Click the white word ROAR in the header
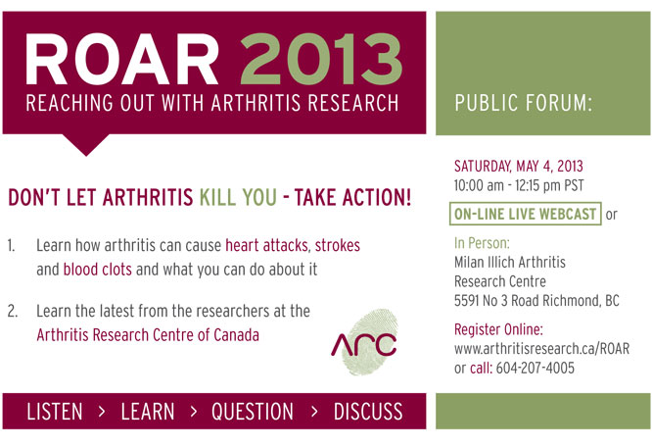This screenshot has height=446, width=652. [x=121, y=59]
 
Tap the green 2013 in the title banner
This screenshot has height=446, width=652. [x=321, y=59]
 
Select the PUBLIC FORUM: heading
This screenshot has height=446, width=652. [x=523, y=103]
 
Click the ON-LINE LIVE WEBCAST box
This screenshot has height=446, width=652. [x=525, y=214]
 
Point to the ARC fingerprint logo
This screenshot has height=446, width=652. [x=365, y=342]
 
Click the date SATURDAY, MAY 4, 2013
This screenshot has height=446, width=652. [x=519, y=167]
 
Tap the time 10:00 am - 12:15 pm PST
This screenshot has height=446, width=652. [x=519, y=185]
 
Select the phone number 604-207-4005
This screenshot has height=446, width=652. [x=536, y=368]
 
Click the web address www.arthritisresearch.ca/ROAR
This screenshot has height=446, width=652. [x=541, y=349]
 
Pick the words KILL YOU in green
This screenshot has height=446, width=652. [x=238, y=197]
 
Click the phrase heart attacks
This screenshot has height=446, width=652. [x=266, y=245]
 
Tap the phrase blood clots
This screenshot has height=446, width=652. [x=97, y=270]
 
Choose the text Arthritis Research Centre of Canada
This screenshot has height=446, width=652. [x=148, y=335]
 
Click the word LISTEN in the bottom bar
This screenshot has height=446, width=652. [x=55, y=412]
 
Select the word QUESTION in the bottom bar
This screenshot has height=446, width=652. [x=253, y=412]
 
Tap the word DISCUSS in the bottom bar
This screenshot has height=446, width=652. [x=368, y=412]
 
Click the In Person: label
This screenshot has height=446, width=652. [x=482, y=243]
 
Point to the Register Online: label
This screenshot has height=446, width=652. [x=498, y=329]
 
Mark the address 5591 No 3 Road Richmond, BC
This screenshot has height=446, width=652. [x=536, y=300]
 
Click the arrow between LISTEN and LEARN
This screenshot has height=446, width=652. [x=102, y=412]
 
